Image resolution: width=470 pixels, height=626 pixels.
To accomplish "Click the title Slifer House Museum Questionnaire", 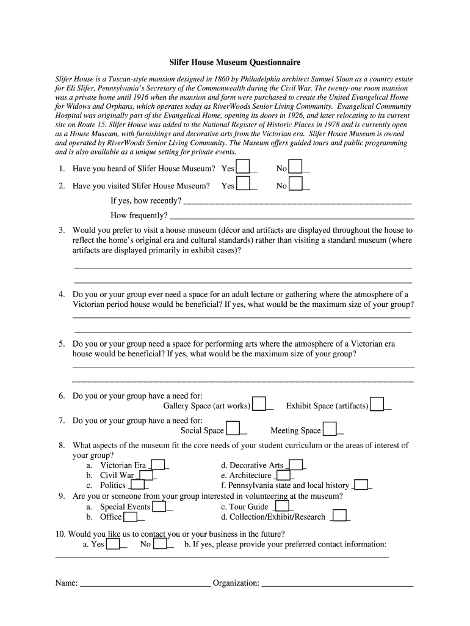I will coord(234,62).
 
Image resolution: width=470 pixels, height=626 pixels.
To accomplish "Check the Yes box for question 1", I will coord(243,167).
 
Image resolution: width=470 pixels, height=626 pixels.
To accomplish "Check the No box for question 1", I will coord(295,167).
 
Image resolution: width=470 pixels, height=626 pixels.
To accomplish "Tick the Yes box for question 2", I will coord(243,184).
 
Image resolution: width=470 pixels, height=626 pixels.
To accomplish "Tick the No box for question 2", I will coord(295,184).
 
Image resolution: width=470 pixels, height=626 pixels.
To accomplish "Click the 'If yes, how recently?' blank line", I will coord(297,202).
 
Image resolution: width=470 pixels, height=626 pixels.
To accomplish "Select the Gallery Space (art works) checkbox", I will coord(259,405).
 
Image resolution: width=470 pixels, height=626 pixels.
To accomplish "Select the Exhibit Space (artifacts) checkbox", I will coord(377,405).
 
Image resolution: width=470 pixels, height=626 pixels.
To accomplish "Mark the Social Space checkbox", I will coord(233,429).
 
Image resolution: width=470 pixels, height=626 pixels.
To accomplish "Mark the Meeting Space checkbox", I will coord(330,429).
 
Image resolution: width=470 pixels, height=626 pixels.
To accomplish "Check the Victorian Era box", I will coord(157,465).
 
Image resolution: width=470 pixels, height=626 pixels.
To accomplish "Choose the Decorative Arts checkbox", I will coord(295,465).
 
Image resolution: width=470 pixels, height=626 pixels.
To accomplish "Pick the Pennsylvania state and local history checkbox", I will coord(361,485).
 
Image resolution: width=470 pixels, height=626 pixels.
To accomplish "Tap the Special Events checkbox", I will coord(159,506).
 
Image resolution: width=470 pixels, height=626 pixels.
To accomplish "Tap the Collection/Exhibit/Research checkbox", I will coord(339,516).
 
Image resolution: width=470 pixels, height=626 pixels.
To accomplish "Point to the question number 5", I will coord(62,344).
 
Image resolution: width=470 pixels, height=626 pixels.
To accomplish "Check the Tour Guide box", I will coord(281,506).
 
